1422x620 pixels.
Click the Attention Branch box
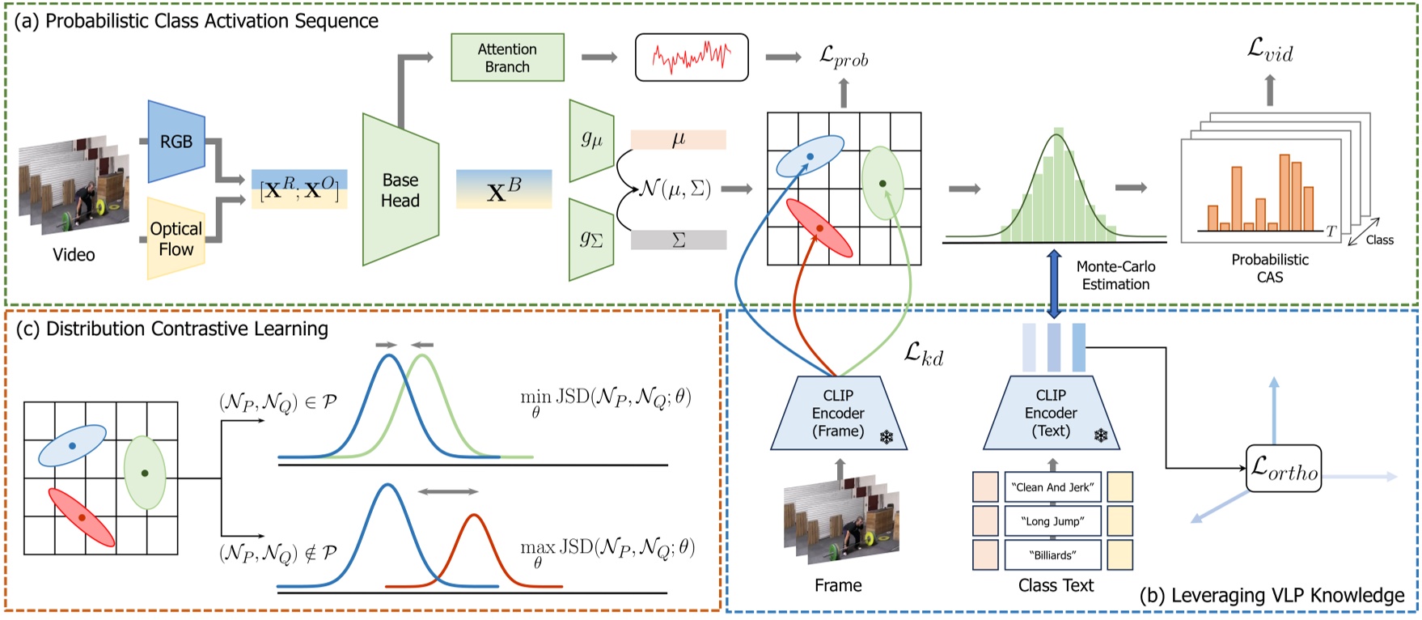(x=507, y=57)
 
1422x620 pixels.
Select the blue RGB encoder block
(x=176, y=142)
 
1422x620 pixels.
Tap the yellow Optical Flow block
(x=176, y=239)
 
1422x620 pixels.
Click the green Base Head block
(x=400, y=190)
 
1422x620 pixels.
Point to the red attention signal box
(x=692, y=57)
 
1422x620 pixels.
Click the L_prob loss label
(x=843, y=57)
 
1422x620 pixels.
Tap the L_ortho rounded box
(x=1283, y=469)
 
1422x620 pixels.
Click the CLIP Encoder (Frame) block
(x=838, y=413)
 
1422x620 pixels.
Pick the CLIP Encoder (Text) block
(x=1051, y=413)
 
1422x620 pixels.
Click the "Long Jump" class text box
(x=1052, y=521)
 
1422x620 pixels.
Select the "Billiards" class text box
(x=1052, y=555)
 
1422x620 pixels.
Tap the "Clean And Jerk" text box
(x=1052, y=487)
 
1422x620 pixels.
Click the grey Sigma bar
(x=678, y=240)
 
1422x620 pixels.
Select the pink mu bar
(x=678, y=140)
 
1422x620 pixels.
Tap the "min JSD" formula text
(x=605, y=399)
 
